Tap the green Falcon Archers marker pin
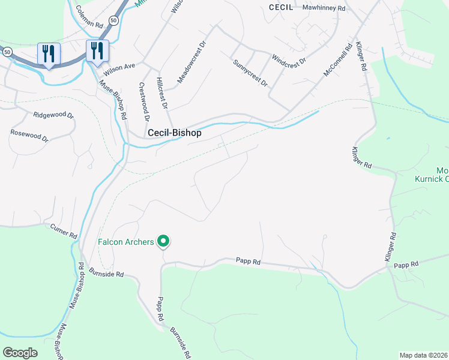tap(163, 242)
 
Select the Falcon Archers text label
tap(125, 242)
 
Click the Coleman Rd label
tap(90, 17)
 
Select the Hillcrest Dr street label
tap(162, 93)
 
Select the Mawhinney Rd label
tap(324, 8)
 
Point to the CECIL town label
tap(281, 8)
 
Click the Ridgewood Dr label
tap(53, 115)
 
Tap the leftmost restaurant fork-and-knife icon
tap(49, 53)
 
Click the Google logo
tap(20, 353)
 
